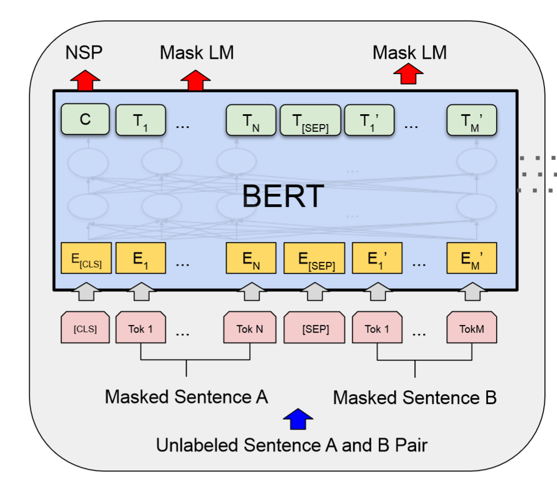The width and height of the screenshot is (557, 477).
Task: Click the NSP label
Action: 84,53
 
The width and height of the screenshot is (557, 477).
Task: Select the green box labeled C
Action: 85,120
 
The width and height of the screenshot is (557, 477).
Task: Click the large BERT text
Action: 283,197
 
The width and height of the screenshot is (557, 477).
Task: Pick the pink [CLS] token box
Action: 85,328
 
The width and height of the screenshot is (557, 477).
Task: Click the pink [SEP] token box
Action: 314,328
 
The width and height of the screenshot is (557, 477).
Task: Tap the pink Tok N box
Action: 249,328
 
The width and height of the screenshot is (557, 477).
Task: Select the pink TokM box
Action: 472,328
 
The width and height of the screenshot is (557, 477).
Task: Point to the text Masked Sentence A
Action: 187,396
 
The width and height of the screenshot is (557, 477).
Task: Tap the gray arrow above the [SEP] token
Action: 314,291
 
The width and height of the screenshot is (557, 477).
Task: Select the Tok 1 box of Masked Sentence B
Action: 376,328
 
